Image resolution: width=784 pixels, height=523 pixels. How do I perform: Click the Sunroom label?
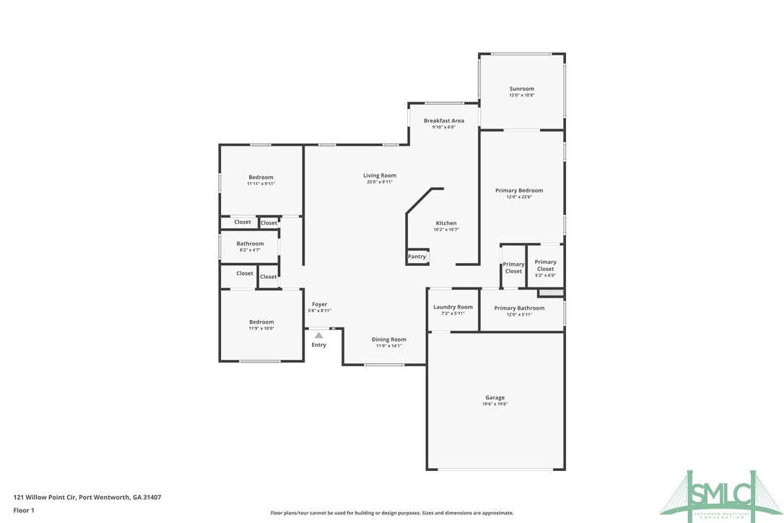pos(521,89)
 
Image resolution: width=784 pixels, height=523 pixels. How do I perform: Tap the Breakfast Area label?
pos(443,121)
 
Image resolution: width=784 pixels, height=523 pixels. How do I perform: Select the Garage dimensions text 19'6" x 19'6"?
pos(495,404)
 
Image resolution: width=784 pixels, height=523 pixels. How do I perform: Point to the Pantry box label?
pos(417,256)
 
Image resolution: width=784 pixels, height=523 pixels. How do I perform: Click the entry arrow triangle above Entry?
pos(318,335)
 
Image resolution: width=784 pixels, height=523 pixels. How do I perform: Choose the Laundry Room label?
pos(453,307)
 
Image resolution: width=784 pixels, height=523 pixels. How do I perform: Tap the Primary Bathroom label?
pos(519,308)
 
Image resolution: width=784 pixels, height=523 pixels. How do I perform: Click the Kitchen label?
pos(445,223)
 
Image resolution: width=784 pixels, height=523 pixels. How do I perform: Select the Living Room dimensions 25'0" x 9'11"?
pos(379,182)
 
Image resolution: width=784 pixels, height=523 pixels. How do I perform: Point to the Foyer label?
pos(319,305)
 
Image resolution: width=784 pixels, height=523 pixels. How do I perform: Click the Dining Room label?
pos(388,340)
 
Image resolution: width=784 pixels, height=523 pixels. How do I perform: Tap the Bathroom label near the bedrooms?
pos(250,243)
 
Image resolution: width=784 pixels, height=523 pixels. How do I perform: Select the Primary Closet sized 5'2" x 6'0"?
pos(545,266)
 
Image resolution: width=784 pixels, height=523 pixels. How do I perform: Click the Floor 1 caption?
pos(24,511)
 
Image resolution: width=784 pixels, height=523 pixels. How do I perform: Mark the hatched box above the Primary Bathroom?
pos(550,293)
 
